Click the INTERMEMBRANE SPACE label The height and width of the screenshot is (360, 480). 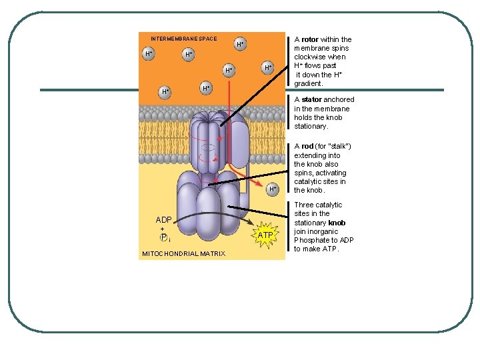click(x=183, y=39)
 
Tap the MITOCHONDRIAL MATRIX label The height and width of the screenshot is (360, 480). click(x=183, y=253)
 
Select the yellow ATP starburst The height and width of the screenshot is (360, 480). click(x=265, y=235)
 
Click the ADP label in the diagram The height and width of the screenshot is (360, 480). click(x=163, y=220)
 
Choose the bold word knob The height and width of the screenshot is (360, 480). click(x=337, y=223)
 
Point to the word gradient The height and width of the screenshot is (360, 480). click(x=308, y=84)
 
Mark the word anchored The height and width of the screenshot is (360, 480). click(x=339, y=99)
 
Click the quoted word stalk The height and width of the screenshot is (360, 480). click(x=337, y=146)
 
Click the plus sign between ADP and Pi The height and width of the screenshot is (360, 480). click(x=163, y=229)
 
